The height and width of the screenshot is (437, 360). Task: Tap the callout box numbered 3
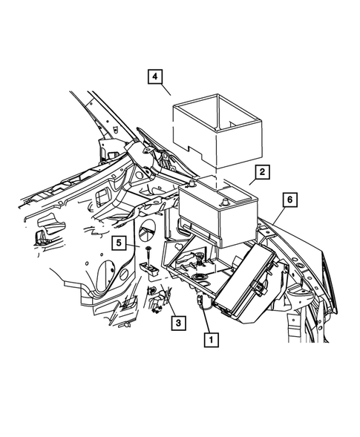177,323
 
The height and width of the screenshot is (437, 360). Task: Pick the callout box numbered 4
154,77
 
